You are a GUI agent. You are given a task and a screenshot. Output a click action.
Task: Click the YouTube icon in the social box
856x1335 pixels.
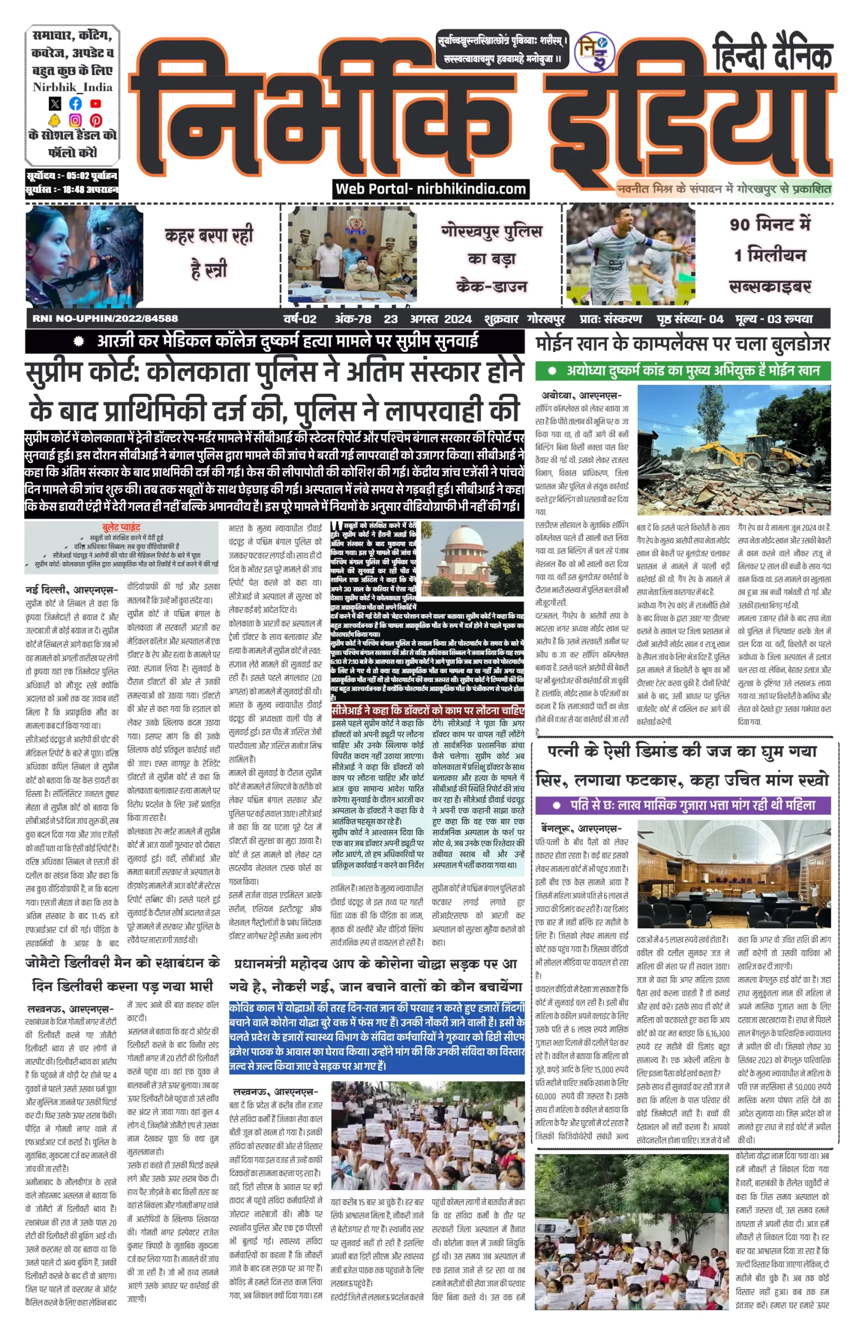[95, 103]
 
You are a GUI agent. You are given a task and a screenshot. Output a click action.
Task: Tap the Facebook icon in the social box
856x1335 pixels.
[75, 103]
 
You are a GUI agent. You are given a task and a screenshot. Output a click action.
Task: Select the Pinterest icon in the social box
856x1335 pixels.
[95, 120]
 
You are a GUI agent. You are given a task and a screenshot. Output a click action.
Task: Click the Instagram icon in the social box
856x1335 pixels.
[75, 120]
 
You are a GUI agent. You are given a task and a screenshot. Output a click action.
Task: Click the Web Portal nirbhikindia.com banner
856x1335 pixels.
[431, 189]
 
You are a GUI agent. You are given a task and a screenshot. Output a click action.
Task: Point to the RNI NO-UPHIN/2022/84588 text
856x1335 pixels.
[105, 319]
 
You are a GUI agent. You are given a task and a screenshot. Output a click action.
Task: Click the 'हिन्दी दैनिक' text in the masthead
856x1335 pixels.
[773, 53]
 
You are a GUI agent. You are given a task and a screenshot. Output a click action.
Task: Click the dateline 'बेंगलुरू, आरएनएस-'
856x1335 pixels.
[581, 829]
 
